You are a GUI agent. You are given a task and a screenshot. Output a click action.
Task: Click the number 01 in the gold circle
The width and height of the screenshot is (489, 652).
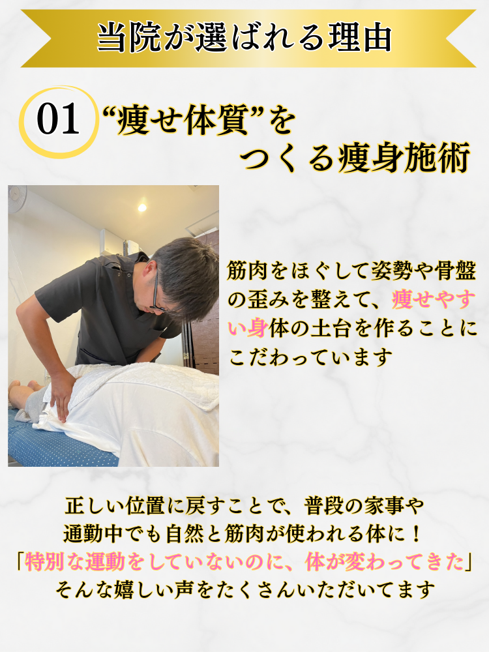coord(58,120)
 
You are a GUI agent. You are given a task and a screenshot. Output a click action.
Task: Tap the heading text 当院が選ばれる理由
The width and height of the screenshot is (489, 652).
coord(244,38)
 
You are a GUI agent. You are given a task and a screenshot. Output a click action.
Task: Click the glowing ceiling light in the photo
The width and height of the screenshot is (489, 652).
coord(142,207)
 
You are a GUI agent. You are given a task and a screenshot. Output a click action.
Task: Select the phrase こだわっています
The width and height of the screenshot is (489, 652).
coord(310,357)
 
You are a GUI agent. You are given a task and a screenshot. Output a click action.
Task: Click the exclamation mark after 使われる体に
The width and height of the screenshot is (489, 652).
coord(416,534)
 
